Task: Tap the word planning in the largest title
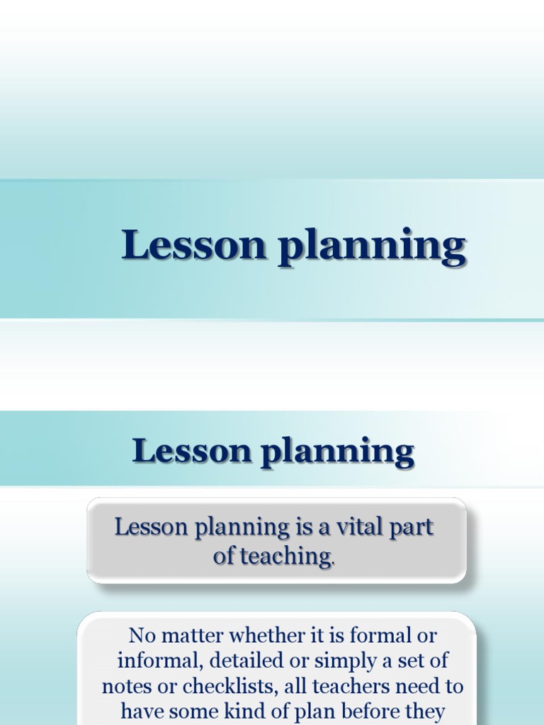click(371, 248)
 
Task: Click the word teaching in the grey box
click(285, 556)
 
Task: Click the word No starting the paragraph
click(142, 635)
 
